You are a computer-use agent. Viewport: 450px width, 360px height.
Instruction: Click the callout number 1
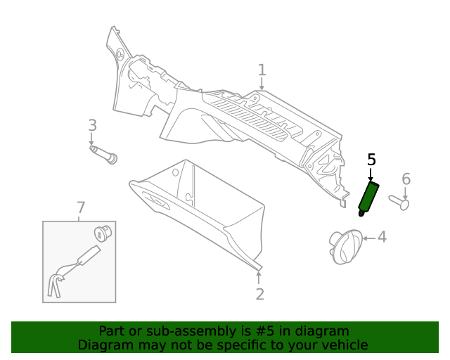(x=262, y=70)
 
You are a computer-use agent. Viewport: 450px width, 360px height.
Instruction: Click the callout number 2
(x=259, y=294)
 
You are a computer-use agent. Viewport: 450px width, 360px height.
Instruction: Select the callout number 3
(x=92, y=125)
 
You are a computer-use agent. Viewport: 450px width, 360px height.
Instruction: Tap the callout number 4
(x=382, y=237)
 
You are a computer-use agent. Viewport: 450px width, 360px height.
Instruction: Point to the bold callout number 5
(x=371, y=160)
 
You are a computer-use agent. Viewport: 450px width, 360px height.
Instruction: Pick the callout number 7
(x=81, y=207)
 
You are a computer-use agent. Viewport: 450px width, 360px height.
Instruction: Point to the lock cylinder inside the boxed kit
(x=103, y=233)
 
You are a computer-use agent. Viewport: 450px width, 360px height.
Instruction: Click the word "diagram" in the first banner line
(x=321, y=331)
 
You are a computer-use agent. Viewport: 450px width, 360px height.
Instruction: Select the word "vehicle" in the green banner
(x=343, y=345)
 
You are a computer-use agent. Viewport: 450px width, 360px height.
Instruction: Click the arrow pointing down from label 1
(x=262, y=84)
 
